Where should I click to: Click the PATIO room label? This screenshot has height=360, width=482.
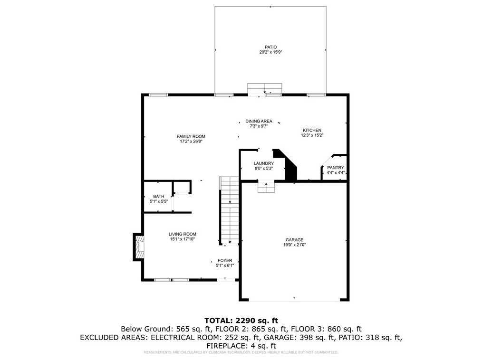point(271,47)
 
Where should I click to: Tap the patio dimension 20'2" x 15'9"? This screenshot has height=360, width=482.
point(271,52)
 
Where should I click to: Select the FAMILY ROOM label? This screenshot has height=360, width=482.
point(191,136)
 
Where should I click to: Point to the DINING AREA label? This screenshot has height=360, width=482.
point(259,121)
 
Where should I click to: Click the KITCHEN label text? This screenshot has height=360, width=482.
point(312,130)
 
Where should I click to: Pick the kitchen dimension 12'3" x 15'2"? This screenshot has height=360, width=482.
point(312,135)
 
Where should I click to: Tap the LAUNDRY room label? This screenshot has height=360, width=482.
point(264,163)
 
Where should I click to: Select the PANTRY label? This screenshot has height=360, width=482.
point(336,168)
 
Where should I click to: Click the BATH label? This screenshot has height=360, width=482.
point(159,197)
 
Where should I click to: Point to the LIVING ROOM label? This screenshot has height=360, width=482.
point(182,234)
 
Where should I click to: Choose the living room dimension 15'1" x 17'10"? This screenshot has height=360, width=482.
point(182,239)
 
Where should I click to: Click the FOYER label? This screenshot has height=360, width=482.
point(225,260)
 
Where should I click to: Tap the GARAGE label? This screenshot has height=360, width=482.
point(295,240)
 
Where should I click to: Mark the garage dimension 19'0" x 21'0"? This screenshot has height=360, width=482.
point(295,245)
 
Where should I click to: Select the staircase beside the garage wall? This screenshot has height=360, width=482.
point(229,211)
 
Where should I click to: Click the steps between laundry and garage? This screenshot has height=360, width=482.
point(266,187)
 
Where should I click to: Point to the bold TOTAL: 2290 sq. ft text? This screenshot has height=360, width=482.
point(241,321)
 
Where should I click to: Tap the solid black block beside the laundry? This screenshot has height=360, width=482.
point(289,167)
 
